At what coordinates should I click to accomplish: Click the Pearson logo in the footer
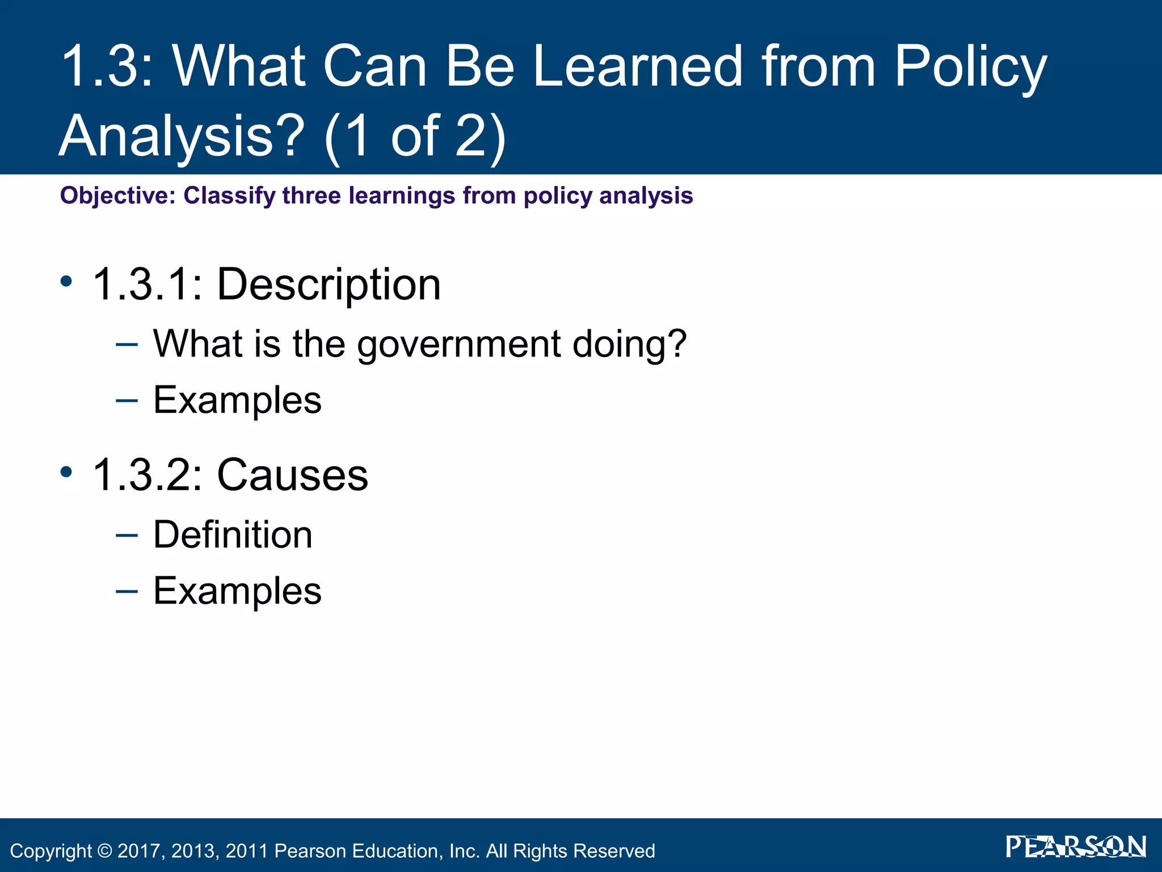(x=1076, y=847)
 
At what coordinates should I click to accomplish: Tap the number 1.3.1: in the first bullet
(x=148, y=284)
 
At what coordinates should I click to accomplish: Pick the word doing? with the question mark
(x=629, y=345)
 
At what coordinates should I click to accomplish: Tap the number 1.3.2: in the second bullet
(x=148, y=475)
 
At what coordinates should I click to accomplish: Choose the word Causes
(x=292, y=475)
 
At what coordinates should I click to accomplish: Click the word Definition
(x=233, y=535)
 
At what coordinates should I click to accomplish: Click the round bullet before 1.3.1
(x=66, y=281)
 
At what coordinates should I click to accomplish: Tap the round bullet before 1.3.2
(x=66, y=472)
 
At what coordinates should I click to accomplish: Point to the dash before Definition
(x=126, y=535)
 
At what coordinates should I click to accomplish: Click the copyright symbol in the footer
(x=104, y=851)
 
